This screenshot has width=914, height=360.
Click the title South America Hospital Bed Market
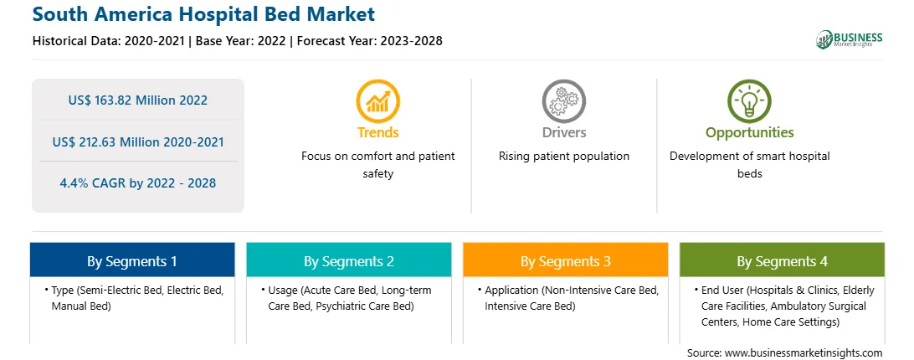204,14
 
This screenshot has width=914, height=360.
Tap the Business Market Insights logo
850,39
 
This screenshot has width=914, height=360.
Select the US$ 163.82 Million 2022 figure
137,100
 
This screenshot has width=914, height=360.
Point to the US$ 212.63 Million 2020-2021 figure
137,141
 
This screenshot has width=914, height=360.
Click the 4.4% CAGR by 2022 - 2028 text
137,183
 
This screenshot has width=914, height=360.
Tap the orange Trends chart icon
377,101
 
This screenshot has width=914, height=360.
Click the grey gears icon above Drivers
563,101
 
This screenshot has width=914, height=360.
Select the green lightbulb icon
749,101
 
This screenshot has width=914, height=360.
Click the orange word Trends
377,132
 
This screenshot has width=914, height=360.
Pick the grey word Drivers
563,132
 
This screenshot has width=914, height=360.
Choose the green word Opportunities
750,132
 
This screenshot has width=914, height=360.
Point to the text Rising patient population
563,157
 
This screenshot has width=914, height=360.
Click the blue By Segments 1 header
131,261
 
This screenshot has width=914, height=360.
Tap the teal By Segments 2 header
348,261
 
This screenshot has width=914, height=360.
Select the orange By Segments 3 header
566,261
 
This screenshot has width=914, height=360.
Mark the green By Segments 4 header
783,261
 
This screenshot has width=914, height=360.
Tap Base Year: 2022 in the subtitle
241,41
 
